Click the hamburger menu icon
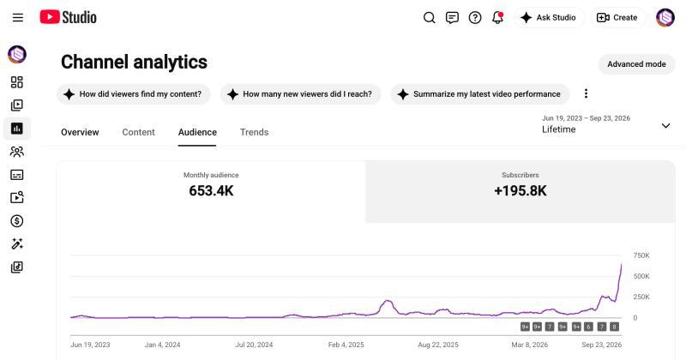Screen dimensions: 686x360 click(18, 17)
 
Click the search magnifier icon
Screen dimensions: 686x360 click(430, 17)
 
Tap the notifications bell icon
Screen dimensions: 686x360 click(498, 17)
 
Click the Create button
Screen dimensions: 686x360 click(617, 17)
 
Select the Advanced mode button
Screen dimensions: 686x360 click(636, 64)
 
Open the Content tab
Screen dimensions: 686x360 click(138, 132)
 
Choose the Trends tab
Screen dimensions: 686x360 click(254, 132)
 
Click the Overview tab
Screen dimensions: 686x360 click(80, 132)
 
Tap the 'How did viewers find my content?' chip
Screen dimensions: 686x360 click(134, 94)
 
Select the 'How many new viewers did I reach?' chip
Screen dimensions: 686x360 click(301, 94)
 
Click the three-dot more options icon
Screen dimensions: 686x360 click(586, 93)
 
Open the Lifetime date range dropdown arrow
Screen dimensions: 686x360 click(665, 126)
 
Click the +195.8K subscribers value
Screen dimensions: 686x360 click(521, 191)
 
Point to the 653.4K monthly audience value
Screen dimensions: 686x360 click(211, 191)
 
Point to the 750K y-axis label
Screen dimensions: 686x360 click(641, 255)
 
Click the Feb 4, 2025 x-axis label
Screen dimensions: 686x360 click(346, 345)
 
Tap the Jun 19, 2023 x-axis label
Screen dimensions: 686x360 click(90, 345)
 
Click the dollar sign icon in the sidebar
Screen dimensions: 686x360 click(17, 221)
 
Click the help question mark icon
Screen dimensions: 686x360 click(475, 17)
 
